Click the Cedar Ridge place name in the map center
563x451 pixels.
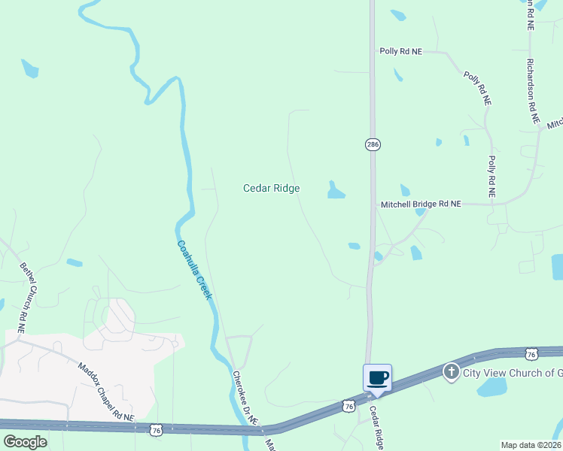[x=272, y=188]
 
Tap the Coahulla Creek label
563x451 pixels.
[x=195, y=269]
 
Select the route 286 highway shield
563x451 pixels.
[x=373, y=144]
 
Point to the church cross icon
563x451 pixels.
[x=452, y=371]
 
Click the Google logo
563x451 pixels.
[x=24, y=442]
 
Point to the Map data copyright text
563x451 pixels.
[x=531, y=445]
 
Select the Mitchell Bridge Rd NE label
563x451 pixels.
[x=420, y=204]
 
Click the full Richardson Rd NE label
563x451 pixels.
[x=533, y=91]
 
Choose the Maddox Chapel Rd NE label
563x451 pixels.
[x=105, y=392]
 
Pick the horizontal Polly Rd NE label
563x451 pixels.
[x=400, y=51]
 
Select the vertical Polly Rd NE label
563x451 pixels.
[x=491, y=177]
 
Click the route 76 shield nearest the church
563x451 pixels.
[x=531, y=353]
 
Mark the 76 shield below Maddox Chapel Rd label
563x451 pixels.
[x=156, y=430]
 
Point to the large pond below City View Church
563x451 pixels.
[x=493, y=388]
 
